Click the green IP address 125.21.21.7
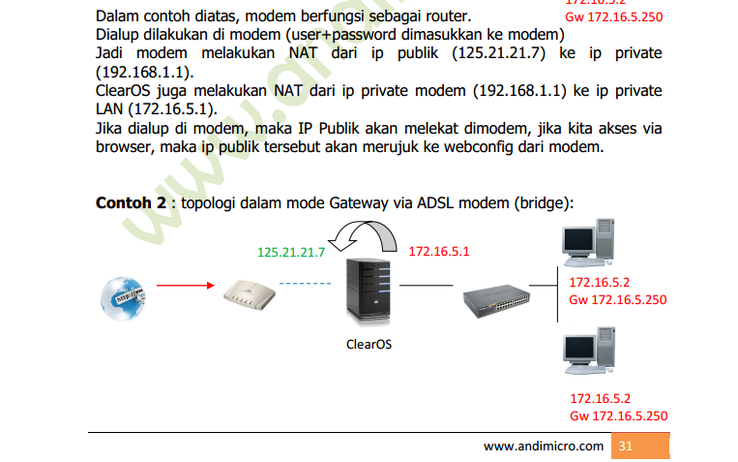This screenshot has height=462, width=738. click(290, 252)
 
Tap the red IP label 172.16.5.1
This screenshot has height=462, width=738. click(438, 252)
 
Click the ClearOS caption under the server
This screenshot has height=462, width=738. click(369, 344)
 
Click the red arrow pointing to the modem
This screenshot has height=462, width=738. click(185, 286)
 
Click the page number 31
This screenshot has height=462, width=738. click(625, 447)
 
